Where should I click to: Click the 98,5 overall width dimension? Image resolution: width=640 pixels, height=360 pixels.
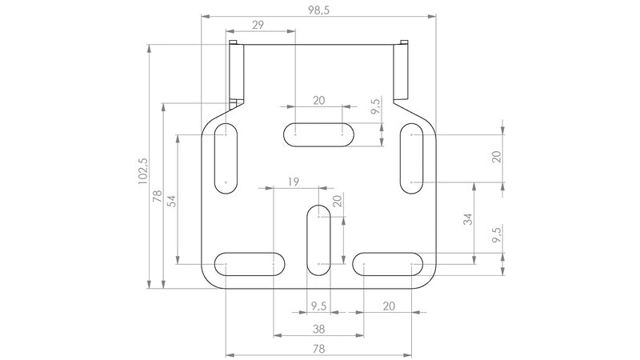pos(318,10)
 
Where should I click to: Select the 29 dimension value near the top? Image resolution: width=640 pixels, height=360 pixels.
pos(258,25)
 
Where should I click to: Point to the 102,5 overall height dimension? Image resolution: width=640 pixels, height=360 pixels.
pos(143,171)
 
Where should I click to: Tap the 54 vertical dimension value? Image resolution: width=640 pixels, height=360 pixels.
pos(172,201)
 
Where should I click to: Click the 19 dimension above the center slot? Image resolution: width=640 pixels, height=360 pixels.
pos(293,182)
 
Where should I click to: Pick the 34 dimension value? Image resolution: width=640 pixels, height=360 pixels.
pos(468,219)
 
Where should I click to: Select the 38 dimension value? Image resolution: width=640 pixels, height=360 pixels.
pos(318,329)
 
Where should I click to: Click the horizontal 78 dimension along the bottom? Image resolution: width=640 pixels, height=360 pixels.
pos(318,349)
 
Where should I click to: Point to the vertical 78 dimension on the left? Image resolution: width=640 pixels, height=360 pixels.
pos(157,196)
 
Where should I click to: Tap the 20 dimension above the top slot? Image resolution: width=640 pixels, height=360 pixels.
pos(318,101)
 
